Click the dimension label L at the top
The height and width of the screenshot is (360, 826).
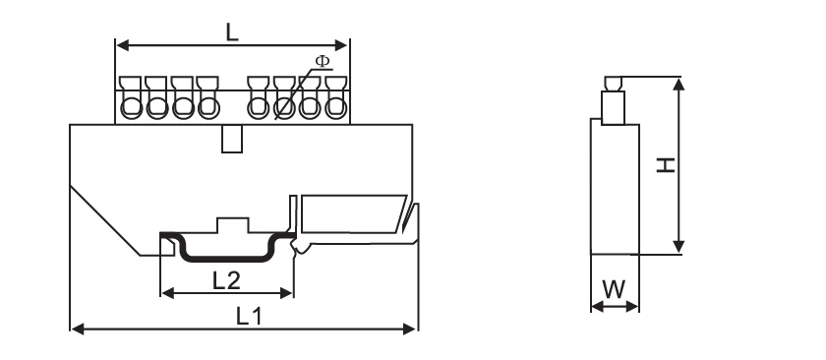click(x=231, y=30)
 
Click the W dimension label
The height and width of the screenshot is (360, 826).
click(x=614, y=289)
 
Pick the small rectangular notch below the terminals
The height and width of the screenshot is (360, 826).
click(x=232, y=139)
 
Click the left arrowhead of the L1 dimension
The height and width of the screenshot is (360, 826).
click(x=76, y=329)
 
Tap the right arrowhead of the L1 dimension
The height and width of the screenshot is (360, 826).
click(x=413, y=329)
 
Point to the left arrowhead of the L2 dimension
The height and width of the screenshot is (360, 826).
click(x=164, y=293)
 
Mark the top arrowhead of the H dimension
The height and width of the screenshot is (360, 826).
click(x=678, y=83)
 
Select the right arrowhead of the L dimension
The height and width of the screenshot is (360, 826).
click(x=344, y=45)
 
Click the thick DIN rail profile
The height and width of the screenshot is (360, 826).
click(x=226, y=258)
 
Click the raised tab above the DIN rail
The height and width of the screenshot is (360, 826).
click(x=232, y=225)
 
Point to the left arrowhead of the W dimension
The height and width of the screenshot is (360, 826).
click(x=595, y=307)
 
